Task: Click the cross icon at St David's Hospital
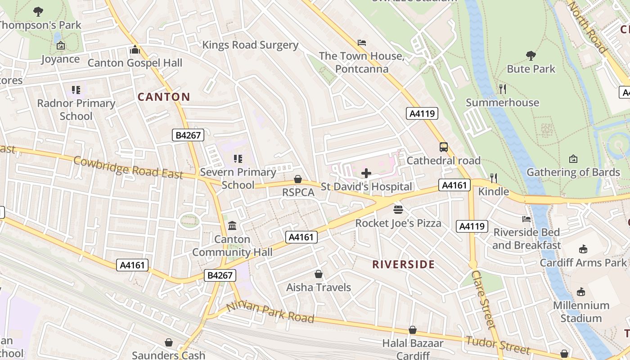point(366,173)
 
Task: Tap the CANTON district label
point(164,97)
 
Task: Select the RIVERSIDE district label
point(403,265)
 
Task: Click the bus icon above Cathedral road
point(444,147)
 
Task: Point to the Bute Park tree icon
point(531,56)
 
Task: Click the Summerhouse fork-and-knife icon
point(503,89)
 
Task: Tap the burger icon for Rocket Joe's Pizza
point(398,209)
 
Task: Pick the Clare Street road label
point(484,299)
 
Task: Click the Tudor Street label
point(498,345)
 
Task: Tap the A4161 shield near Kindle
point(454,185)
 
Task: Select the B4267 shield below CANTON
point(188,135)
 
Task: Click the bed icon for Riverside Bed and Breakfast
point(526,219)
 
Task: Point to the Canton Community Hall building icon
point(232,225)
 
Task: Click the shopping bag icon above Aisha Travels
point(319,274)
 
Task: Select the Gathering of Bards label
point(573,172)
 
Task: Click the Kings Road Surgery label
point(250,45)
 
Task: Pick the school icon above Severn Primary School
point(238,158)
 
